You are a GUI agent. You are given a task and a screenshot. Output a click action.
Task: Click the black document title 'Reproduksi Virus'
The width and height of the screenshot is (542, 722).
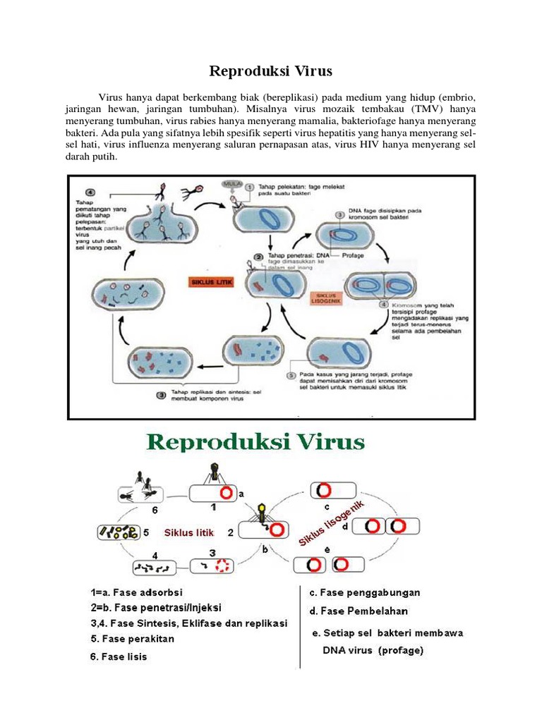tap(270, 71)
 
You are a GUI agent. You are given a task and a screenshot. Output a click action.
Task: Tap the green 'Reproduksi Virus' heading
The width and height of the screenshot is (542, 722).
tap(255, 443)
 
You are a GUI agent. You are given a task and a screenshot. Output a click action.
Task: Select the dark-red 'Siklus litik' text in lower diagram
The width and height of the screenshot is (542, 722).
tap(188, 531)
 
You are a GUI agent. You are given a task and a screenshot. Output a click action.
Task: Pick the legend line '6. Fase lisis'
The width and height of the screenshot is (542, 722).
tap(119, 656)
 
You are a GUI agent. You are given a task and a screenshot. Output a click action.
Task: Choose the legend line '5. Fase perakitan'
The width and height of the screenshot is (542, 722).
tap(133, 640)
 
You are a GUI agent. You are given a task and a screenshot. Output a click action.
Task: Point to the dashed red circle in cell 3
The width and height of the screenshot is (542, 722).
tap(222, 565)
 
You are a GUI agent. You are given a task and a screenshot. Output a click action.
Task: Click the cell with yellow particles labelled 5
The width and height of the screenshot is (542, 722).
tap(118, 532)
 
